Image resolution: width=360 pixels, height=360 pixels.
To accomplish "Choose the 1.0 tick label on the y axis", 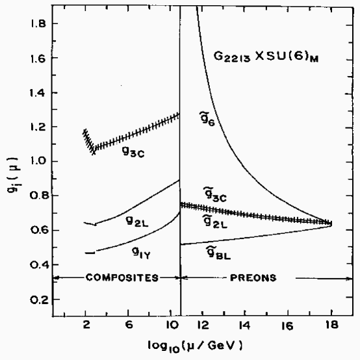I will click(x=38, y=162).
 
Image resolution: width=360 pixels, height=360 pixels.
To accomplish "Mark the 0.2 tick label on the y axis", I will click(x=38, y=300).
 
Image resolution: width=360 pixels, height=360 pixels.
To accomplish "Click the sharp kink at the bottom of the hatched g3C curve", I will click(x=94, y=152).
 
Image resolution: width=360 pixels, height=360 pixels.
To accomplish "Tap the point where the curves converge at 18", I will click(x=331, y=224).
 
